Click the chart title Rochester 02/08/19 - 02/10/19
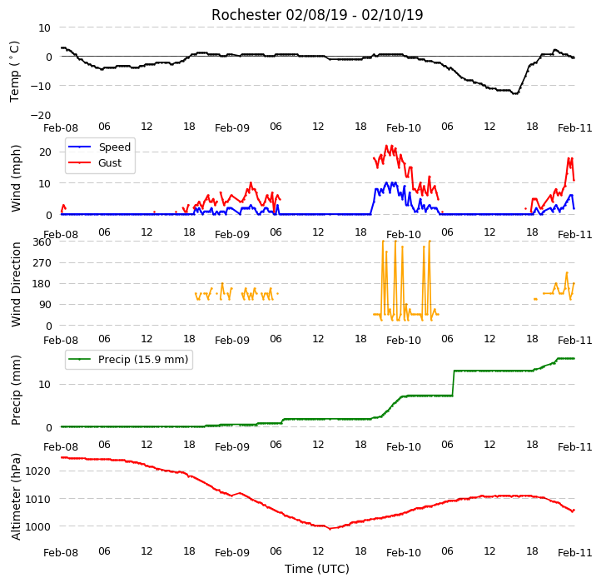317,15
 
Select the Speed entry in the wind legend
100,147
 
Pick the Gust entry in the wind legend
95,162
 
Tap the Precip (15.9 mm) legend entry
128,360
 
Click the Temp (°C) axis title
14,72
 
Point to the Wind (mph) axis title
16,178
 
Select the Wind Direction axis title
16,284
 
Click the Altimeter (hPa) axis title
16,496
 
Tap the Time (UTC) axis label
317,568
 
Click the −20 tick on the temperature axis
41,115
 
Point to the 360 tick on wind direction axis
42,242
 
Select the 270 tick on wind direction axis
42,263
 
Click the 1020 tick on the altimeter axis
38,471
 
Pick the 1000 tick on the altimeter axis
38,527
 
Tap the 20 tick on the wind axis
45,152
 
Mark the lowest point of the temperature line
515,93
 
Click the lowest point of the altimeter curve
330,529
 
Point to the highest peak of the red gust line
386,146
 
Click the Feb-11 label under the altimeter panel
575,552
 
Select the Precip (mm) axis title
16,390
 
